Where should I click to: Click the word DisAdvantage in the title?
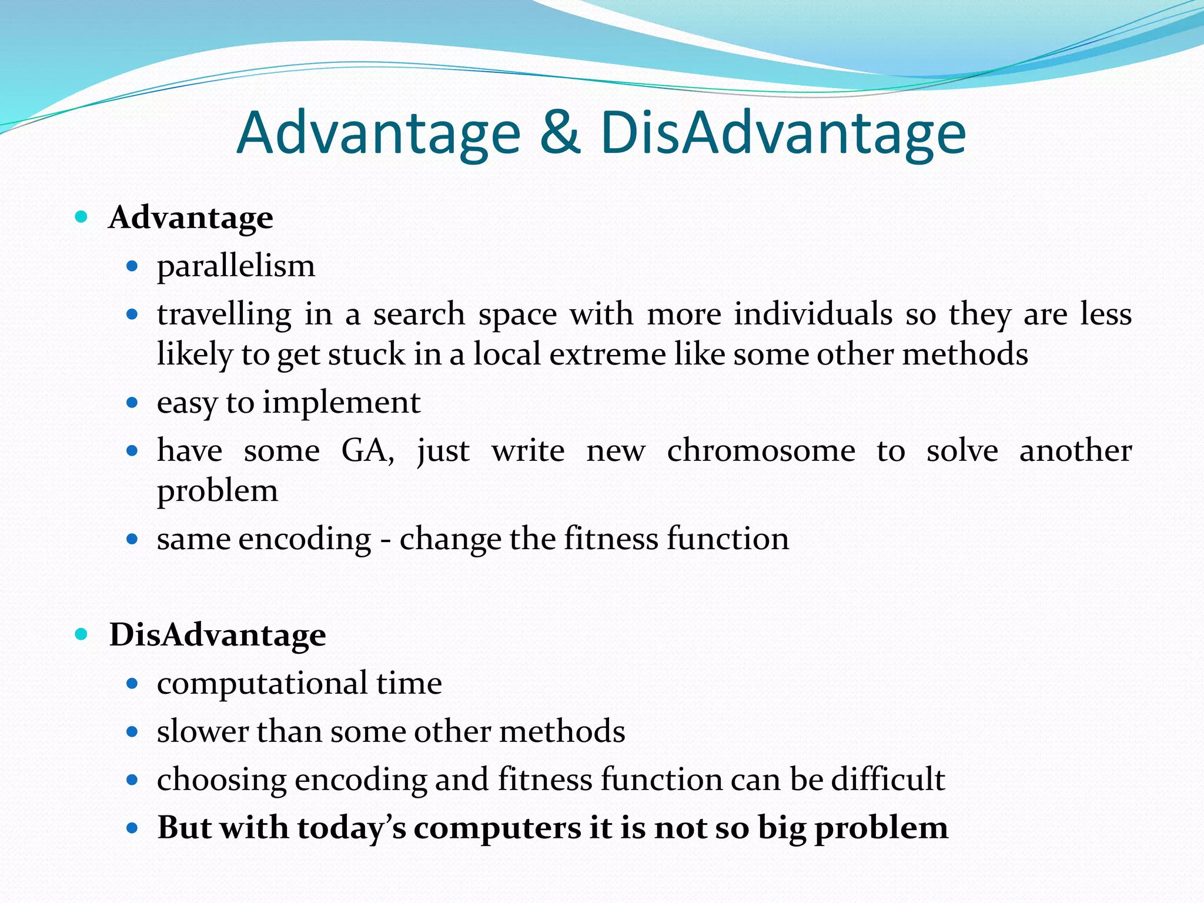782,134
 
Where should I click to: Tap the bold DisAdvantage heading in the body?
218,636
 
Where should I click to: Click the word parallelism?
236,267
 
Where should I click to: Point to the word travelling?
224,315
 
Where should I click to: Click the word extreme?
607,354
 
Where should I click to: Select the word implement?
341,403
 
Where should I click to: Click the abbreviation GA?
367,451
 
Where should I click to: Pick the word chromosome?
761,451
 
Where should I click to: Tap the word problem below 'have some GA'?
217,491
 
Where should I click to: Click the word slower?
202,732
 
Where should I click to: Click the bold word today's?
351,828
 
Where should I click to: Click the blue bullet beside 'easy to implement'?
132,403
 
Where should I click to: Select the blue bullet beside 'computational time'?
132,684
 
